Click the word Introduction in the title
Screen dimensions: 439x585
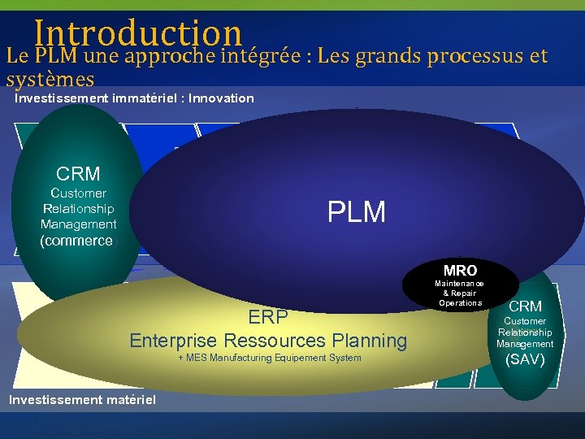click(x=138, y=33)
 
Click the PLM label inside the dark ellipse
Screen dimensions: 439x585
click(x=357, y=212)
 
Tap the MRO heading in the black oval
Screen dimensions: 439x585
click(x=461, y=270)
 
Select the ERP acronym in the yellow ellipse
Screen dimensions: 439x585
click(x=268, y=317)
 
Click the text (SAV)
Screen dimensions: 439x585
click(x=525, y=359)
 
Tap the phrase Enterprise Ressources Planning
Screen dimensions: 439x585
click(x=268, y=340)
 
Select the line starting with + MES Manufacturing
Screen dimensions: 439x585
click(x=269, y=359)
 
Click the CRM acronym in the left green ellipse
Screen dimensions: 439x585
click(x=79, y=174)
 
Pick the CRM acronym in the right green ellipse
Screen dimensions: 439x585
click(x=525, y=306)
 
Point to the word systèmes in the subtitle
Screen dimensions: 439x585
click(x=50, y=80)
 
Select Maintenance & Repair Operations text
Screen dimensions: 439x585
click(x=461, y=293)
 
